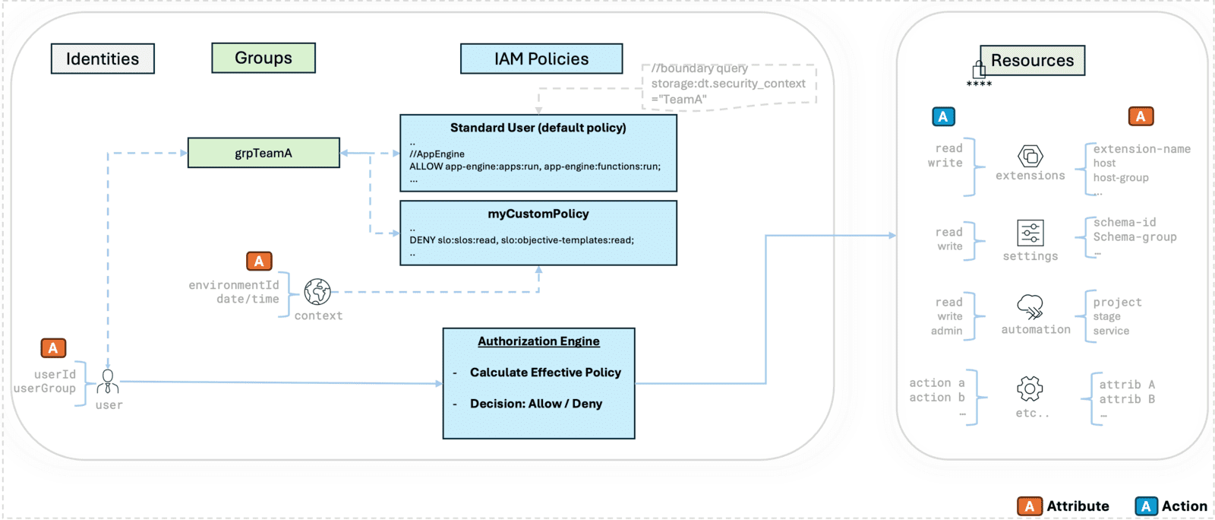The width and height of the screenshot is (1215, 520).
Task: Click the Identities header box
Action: pyautogui.click(x=103, y=59)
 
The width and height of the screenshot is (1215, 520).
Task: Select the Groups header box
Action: pyautogui.click(x=263, y=58)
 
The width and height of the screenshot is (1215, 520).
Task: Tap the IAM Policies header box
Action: pyautogui.click(x=541, y=59)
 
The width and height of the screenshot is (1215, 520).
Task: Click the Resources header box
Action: pyautogui.click(x=1032, y=60)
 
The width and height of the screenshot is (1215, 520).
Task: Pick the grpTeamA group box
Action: pyautogui.click(x=263, y=153)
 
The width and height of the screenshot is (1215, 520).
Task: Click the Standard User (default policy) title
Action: pyautogui.click(x=538, y=128)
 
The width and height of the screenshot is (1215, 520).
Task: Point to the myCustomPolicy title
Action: pyautogui.click(x=538, y=214)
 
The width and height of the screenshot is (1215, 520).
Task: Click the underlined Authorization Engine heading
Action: pyautogui.click(x=538, y=341)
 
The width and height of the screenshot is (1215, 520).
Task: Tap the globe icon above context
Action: pyautogui.click(x=317, y=291)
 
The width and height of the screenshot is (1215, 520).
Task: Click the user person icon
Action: pyautogui.click(x=108, y=382)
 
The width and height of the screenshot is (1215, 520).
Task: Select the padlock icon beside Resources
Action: pyautogui.click(x=979, y=70)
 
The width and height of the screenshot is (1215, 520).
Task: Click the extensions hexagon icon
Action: pyautogui.click(x=1030, y=156)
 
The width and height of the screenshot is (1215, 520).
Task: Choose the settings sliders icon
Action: pyautogui.click(x=1030, y=233)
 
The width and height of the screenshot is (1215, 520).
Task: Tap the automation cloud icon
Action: pyautogui.click(x=1030, y=306)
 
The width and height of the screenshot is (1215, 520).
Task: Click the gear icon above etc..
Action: pyautogui.click(x=1030, y=388)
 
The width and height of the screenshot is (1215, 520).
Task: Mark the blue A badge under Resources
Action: pyautogui.click(x=943, y=116)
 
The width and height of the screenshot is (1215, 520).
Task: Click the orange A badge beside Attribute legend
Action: pyautogui.click(x=1029, y=506)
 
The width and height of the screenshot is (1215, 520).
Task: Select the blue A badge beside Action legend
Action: pyautogui.click(x=1146, y=506)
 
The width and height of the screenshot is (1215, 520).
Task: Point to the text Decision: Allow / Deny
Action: pyautogui.click(x=535, y=404)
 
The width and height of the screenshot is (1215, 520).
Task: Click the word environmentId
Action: pyautogui.click(x=234, y=285)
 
